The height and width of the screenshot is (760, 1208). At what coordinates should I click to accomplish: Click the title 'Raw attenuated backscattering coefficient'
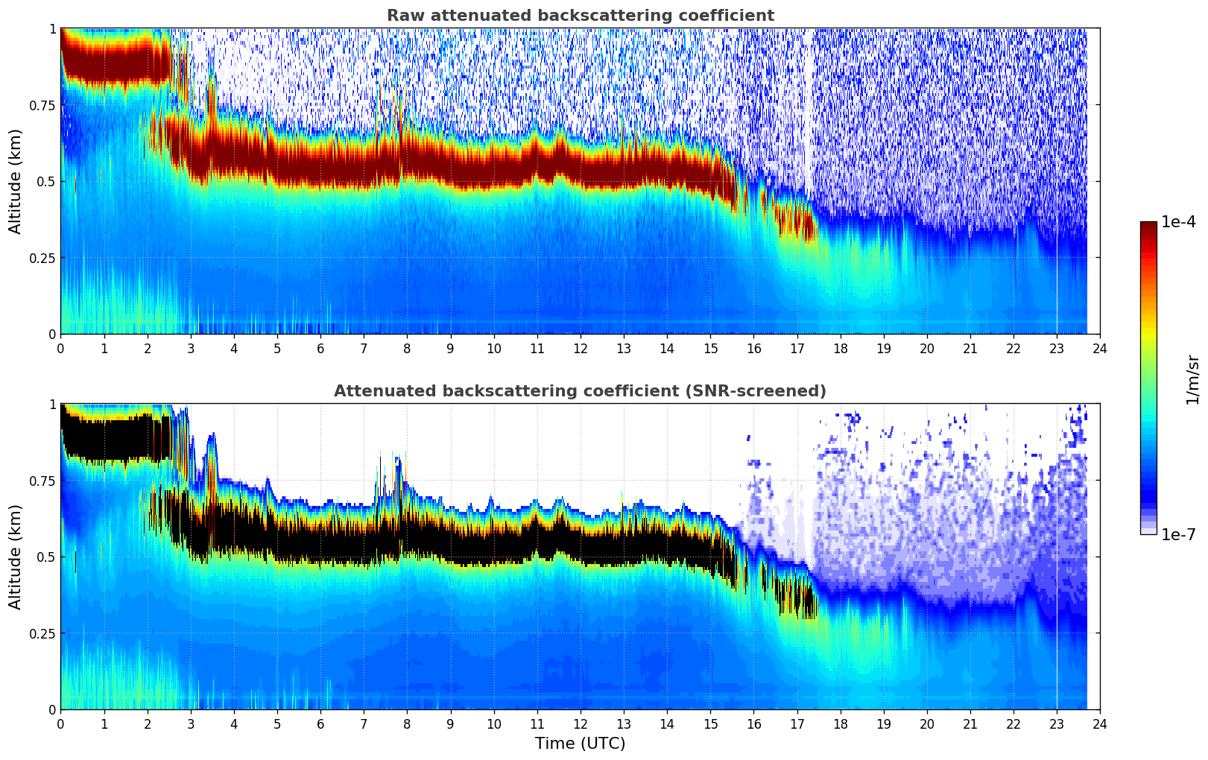pyautogui.click(x=580, y=16)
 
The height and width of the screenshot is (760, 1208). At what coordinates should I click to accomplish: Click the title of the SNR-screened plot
pyautogui.click(x=580, y=391)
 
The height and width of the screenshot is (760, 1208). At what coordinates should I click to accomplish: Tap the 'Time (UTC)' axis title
pyautogui.click(x=580, y=744)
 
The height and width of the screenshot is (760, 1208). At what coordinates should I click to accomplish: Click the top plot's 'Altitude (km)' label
pyautogui.click(x=16, y=181)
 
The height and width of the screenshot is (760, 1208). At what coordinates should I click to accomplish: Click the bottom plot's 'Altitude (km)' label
pyautogui.click(x=16, y=557)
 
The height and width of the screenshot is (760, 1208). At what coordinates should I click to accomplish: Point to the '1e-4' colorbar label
pyautogui.click(x=1178, y=223)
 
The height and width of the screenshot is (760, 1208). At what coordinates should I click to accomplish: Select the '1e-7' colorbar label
pyautogui.click(x=1178, y=534)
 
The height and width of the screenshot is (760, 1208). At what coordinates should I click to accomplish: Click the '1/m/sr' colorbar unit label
pyautogui.click(x=1192, y=380)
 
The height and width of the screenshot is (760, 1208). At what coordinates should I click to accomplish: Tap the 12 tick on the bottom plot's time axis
pyautogui.click(x=581, y=723)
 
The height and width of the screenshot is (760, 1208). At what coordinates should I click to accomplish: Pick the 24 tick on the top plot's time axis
pyautogui.click(x=1100, y=348)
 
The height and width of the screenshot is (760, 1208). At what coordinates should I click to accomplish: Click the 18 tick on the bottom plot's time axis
pyautogui.click(x=840, y=723)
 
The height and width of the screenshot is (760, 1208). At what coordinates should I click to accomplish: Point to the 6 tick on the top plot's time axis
pyautogui.click(x=320, y=348)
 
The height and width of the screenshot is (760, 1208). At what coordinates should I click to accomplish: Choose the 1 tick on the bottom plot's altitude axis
pyautogui.click(x=52, y=405)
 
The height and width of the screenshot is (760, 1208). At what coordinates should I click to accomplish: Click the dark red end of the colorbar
pyautogui.click(x=1148, y=227)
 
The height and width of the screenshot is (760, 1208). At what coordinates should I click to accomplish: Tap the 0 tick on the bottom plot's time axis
pyautogui.click(x=60, y=723)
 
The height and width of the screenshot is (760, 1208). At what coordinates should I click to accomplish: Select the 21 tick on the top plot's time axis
pyautogui.click(x=970, y=348)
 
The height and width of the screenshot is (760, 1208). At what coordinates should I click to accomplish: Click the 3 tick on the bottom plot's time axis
pyautogui.click(x=190, y=723)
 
